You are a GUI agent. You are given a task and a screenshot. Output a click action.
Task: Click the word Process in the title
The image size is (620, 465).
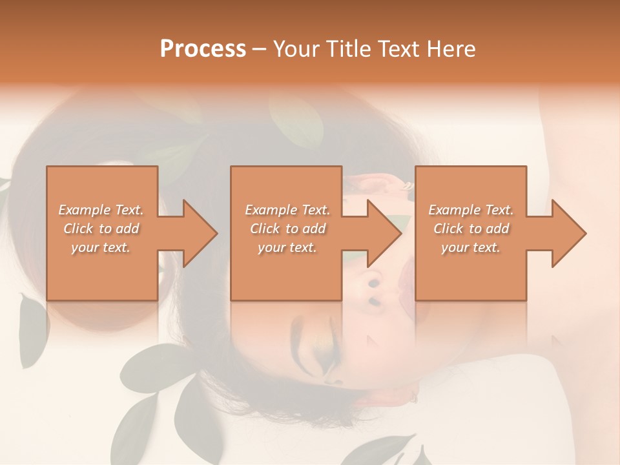(x=203, y=49)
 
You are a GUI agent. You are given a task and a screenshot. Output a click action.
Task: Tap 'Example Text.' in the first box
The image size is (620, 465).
(x=101, y=210)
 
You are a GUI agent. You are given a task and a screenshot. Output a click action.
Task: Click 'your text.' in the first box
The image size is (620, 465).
(x=101, y=247)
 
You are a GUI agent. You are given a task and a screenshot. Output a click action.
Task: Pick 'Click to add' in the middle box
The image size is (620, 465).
(x=287, y=229)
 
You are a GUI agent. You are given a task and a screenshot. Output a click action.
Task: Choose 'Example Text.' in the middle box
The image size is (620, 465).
(x=287, y=210)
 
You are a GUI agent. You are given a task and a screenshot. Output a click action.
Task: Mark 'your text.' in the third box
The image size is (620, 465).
(x=471, y=247)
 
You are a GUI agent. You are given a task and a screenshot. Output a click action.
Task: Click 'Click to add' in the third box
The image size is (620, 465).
(x=471, y=229)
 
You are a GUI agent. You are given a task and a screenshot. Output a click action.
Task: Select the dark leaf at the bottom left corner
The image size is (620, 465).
(x=139, y=423)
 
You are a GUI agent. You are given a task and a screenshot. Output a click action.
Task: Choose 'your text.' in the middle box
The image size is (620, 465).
(x=287, y=247)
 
